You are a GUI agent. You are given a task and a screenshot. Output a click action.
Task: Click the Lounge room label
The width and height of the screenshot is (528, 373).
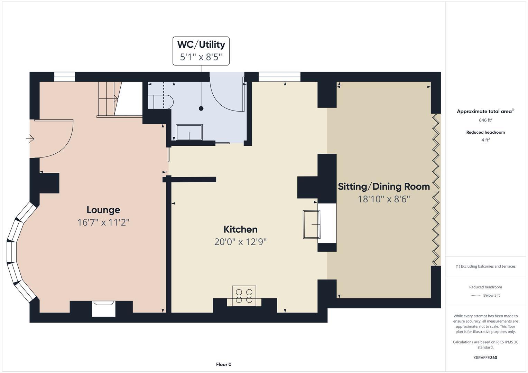[x=103, y=210]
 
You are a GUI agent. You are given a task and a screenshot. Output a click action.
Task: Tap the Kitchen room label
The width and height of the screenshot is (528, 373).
[x=240, y=229]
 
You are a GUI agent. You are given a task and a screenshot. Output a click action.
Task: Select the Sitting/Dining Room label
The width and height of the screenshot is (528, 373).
[x=384, y=186]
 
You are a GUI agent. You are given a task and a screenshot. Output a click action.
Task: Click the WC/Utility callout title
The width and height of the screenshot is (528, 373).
[x=201, y=45]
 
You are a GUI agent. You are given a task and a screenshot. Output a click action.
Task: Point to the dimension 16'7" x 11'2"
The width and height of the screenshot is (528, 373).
[x=103, y=222]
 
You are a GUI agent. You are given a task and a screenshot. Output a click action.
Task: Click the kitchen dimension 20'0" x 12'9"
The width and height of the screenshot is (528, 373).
[x=240, y=241]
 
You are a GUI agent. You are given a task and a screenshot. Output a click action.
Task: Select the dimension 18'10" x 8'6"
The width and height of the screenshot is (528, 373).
[x=384, y=199]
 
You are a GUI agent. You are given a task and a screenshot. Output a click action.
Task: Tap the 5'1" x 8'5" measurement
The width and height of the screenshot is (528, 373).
[x=201, y=57]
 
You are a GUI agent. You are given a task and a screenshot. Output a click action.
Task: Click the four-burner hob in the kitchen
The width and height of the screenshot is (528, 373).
[x=244, y=296]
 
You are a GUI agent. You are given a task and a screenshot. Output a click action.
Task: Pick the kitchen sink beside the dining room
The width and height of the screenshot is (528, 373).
[x=312, y=224]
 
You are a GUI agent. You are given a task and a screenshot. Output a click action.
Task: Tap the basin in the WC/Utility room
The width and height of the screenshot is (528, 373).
[x=189, y=132]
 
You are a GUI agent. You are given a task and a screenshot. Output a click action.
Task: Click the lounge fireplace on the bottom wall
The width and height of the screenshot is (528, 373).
[x=103, y=308]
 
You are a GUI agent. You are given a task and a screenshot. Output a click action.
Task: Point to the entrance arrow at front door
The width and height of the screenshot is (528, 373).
[x=30, y=139]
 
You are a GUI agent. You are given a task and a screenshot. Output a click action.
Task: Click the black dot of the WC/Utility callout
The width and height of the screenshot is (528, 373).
[x=201, y=108]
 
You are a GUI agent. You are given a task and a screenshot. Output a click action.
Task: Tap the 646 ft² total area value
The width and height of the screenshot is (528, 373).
[x=485, y=120]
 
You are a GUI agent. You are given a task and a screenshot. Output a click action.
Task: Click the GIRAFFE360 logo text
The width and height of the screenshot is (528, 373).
[x=485, y=357]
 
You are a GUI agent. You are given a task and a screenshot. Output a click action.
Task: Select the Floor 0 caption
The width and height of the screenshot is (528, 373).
[x=224, y=364]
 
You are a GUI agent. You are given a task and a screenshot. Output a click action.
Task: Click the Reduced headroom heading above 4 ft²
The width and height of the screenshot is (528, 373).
[x=485, y=132]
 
